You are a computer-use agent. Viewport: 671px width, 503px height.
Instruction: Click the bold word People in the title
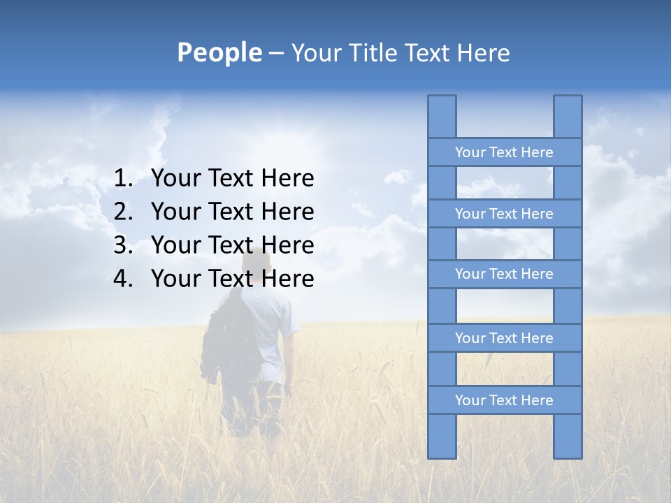click(219, 52)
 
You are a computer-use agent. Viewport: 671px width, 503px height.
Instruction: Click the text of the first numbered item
click(232, 179)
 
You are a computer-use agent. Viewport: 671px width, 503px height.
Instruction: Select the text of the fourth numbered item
click(232, 279)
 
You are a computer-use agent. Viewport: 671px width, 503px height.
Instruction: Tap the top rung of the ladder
click(504, 152)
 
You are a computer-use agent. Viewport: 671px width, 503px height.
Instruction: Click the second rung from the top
click(504, 214)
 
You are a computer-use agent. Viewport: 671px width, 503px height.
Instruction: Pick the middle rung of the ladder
click(504, 275)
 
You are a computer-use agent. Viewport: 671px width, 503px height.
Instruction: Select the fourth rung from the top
click(504, 338)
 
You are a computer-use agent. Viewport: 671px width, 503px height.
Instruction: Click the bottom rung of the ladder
click(504, 400)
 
